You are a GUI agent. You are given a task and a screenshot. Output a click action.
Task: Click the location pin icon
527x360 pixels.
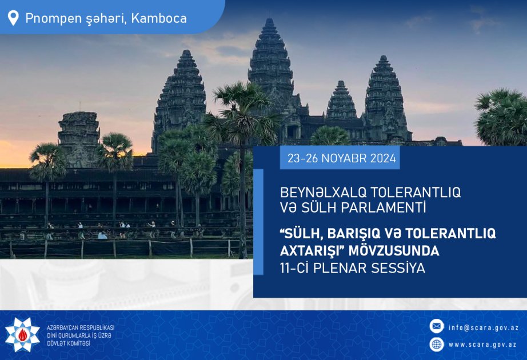point(13,18)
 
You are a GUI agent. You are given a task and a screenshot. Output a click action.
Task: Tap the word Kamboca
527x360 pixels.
point(159,18)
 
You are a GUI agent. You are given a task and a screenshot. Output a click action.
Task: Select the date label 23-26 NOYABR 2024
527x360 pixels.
point(341,158)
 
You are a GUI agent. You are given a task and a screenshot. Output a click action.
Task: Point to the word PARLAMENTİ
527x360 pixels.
point(384,208)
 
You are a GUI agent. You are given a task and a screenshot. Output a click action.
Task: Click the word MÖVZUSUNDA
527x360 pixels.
point(394,251)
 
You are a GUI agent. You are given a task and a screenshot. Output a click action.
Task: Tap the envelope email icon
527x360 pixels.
point(437,326)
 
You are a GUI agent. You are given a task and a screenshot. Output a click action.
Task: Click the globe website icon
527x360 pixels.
point(437,345)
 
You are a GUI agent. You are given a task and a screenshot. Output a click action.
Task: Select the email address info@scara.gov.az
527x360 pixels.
point(484,327)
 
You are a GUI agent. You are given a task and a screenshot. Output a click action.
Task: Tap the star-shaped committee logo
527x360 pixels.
point(22,334)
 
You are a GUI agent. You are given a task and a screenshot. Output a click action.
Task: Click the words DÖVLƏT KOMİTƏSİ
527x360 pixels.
point(69,343)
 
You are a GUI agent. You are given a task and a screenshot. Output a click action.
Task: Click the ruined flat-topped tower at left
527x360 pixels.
point(79,138)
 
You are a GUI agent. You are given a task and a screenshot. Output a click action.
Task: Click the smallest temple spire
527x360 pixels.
point(341,100)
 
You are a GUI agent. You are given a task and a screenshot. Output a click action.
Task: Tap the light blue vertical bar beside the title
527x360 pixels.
point(258,222)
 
